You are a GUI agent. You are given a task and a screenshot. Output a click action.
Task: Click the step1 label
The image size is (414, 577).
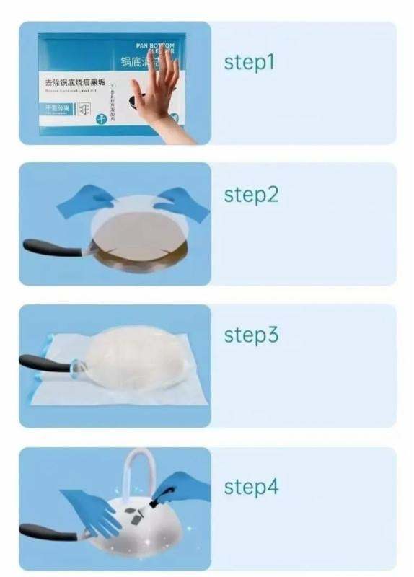click(249, 63)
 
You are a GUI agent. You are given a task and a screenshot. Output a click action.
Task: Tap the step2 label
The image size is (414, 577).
click(250, 195)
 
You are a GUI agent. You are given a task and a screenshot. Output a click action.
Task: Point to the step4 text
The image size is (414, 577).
click(250, 487)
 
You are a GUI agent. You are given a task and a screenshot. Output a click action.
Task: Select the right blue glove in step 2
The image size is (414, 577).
click(180, 201)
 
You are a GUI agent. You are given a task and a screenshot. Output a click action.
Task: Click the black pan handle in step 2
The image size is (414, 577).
click(50, 246)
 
